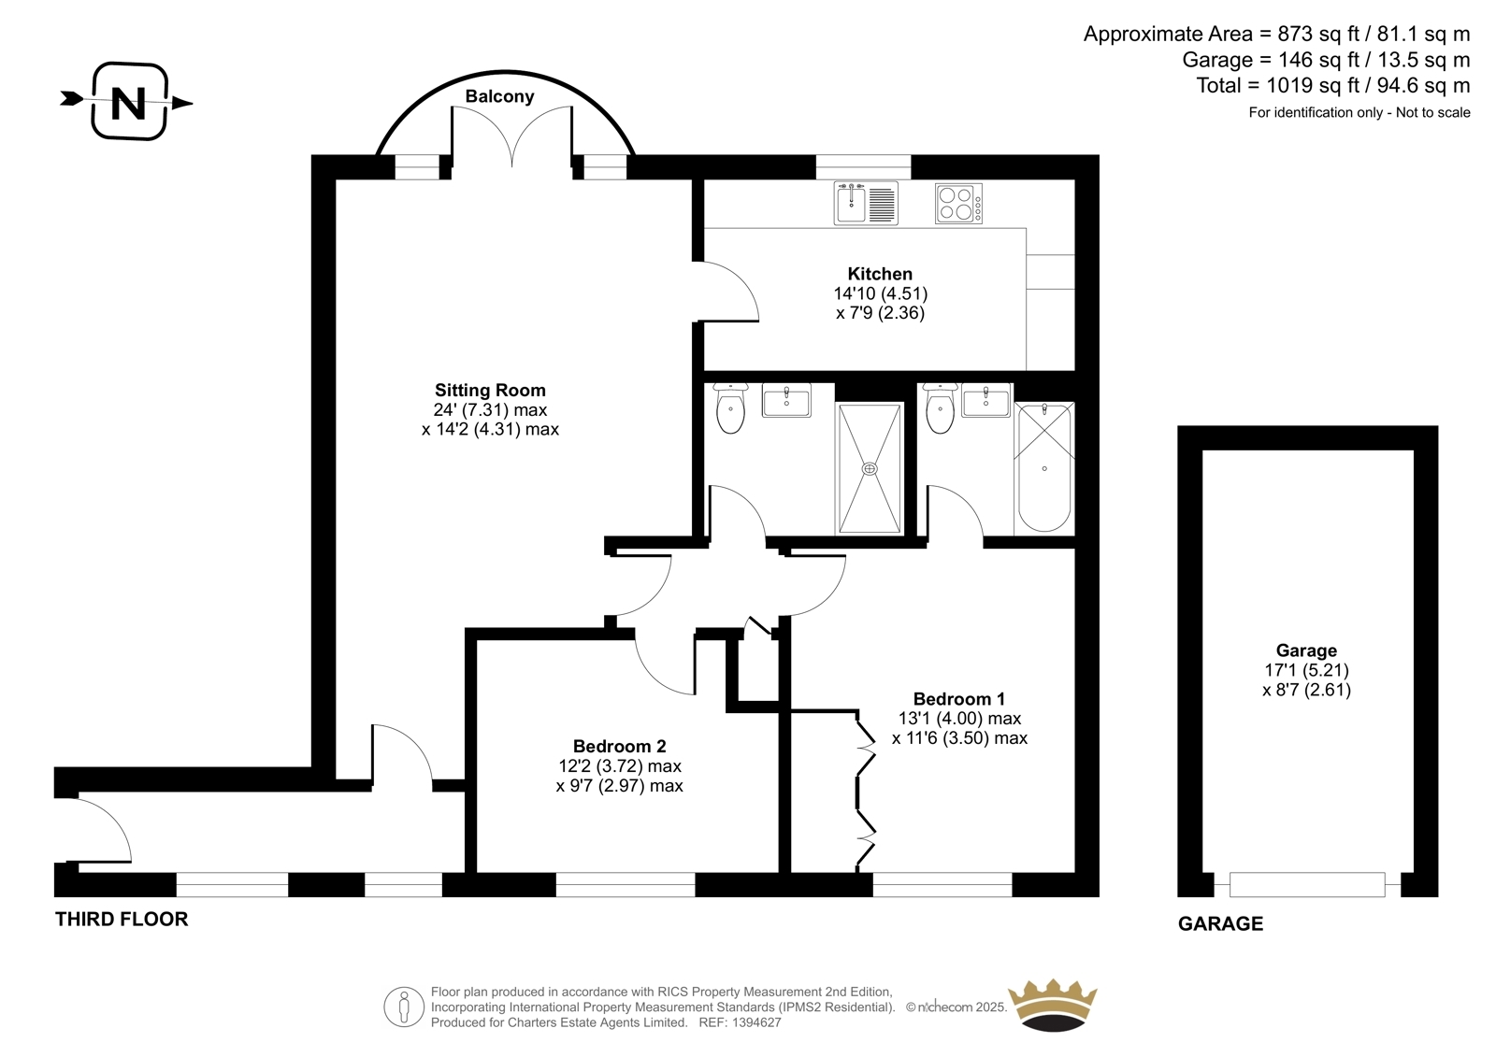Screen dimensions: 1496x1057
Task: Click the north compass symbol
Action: [127, 102]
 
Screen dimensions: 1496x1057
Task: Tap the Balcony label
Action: [499, 96]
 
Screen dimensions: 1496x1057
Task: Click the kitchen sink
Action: [866, 203]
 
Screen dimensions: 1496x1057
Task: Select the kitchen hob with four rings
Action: [958, 203]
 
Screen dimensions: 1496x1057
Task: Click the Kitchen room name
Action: [880, 274]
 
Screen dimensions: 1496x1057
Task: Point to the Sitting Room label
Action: [490, 390]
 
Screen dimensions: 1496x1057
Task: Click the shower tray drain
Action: [870, 469]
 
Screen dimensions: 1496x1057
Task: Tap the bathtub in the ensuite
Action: [1043, 468]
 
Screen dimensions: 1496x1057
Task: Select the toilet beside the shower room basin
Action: [730, 407]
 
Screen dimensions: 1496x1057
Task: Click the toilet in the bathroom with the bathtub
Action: [941, 407]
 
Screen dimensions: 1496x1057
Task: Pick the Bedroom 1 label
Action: [958, 699]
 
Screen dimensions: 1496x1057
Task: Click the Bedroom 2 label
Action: [619, 746]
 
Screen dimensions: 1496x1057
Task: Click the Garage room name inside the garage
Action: [1306, 650]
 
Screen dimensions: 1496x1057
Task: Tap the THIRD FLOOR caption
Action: [122, 920]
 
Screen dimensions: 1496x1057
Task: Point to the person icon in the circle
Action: [403, 1007]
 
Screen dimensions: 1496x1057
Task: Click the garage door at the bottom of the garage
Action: [1307, 885]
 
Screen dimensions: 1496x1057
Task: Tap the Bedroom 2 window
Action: [626, 885]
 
